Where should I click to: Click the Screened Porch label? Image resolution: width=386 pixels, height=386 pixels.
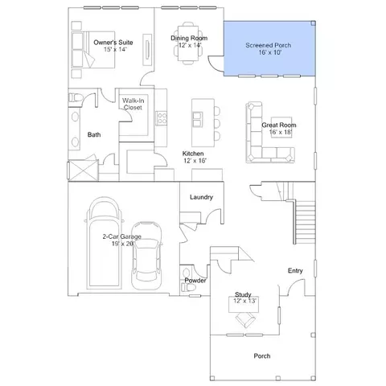(x=269, y=45)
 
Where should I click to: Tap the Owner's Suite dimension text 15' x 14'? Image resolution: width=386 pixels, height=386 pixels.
(x=115, y=50)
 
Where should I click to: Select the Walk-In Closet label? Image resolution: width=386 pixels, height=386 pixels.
(x=133, y=104)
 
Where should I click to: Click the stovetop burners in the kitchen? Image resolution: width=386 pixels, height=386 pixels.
(x=162, y=118)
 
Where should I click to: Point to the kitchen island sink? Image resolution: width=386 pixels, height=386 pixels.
(x=197, y=120)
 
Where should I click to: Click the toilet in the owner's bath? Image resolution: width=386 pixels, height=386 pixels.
(x=75, y=97)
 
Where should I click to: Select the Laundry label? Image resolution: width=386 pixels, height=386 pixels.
(x=201, y=197)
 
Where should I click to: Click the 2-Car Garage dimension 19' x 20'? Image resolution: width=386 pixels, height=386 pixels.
(x=122, y=244)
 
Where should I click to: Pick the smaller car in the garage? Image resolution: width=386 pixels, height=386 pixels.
(x=146, y=256)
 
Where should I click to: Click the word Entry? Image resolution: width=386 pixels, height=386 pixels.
(x=295, y=271)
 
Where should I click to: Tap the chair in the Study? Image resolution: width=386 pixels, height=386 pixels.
(x=245, y=319)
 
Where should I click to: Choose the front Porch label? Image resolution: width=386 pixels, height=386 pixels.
(x=262, y=356)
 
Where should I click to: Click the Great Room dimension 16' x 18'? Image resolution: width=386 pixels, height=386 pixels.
(x=281, y=132)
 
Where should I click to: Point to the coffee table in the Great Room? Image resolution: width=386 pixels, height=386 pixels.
(x=281, y=127)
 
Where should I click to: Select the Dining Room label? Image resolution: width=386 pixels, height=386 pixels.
(x=189, y=39)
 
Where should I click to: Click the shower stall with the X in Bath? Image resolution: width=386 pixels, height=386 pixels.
(x=84, y=170)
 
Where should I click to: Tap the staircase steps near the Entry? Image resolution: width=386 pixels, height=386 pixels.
(x=306, y=222)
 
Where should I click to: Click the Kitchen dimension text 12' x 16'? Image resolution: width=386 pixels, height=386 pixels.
(x=195, y=161)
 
